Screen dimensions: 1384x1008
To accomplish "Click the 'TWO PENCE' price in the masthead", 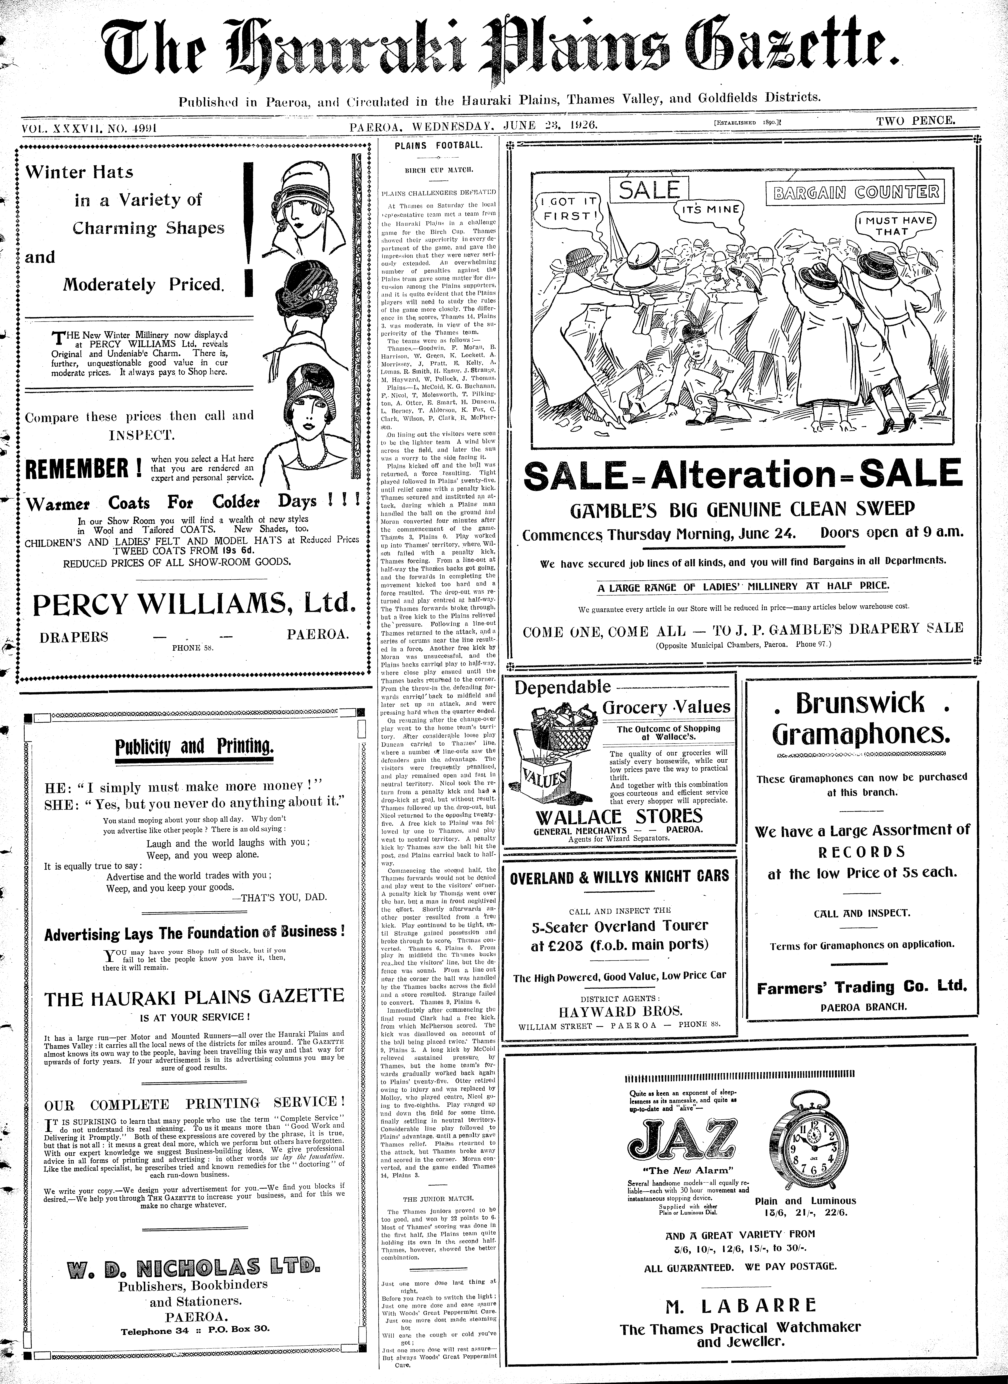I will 915,121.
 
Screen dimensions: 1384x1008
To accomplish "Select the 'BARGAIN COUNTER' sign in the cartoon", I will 854,193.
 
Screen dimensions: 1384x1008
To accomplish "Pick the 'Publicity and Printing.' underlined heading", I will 194,746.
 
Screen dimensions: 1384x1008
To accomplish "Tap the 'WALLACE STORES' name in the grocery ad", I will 619,817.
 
